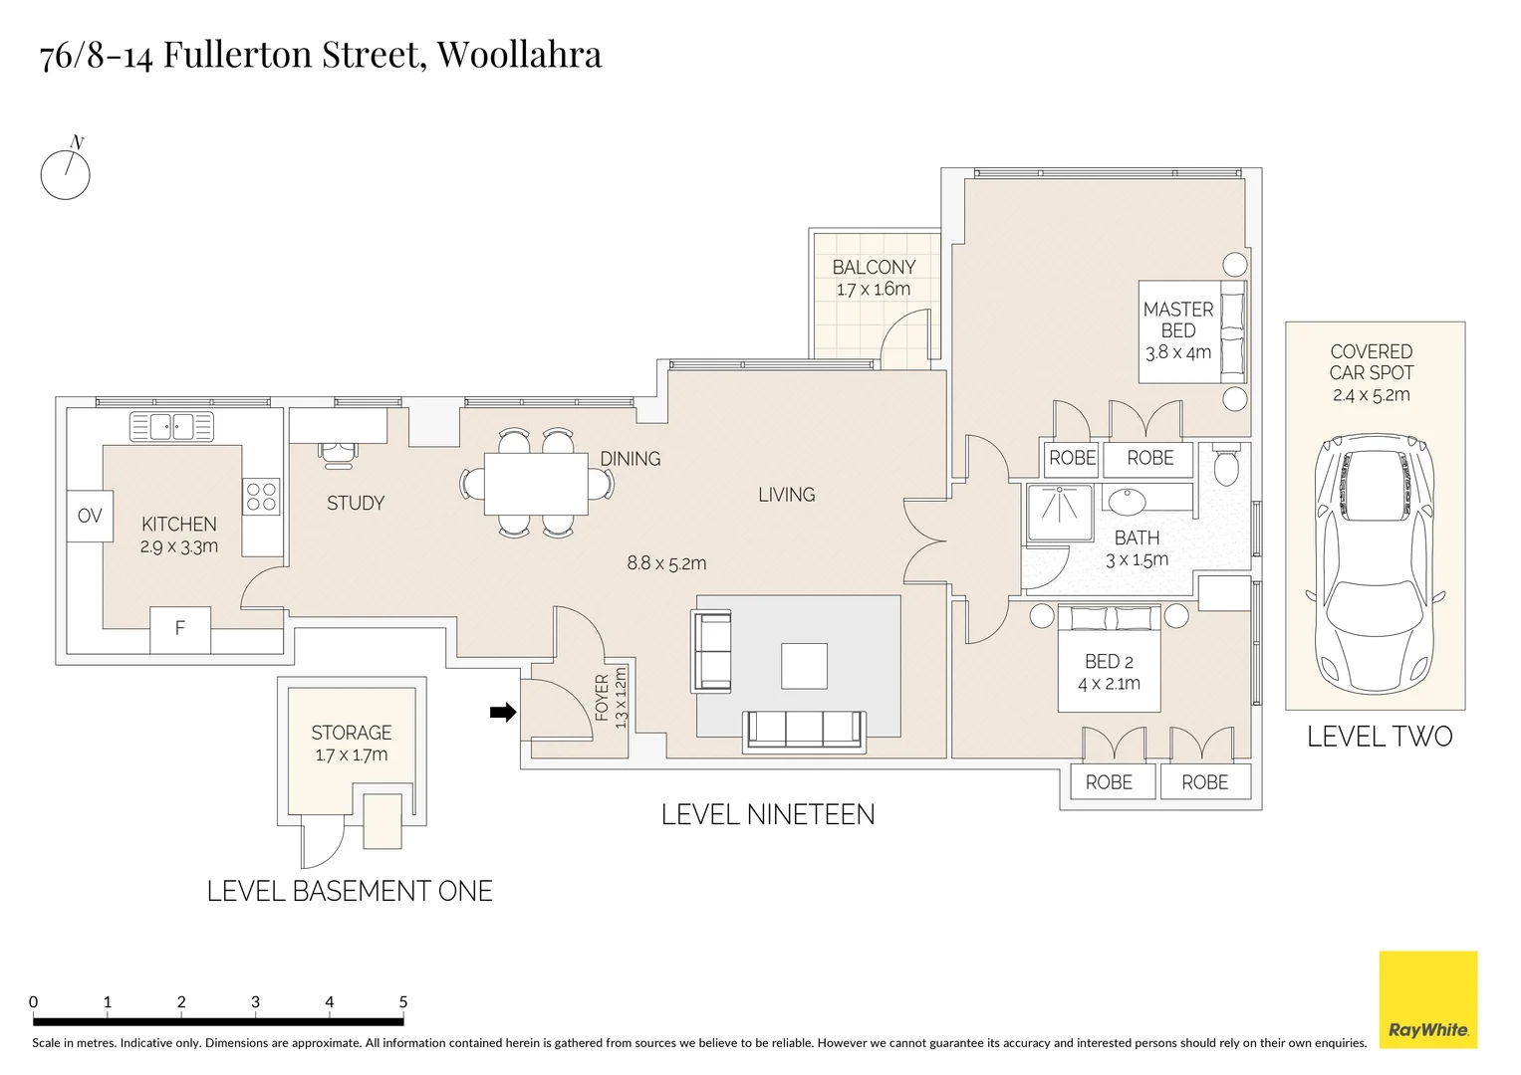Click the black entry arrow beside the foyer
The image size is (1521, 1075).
[x=503, y=712]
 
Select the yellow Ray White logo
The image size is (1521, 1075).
[x=1428, y=999]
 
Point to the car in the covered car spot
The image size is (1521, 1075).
[x=1375, y=563]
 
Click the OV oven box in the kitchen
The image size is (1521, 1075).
[x=90, y=516]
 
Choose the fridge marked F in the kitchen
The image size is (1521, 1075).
[x=180, y=629]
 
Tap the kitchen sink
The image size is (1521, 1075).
[x=171, y=427]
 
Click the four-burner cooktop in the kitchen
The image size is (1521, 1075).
[x=261, y=496]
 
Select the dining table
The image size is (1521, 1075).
[x=536, y=484]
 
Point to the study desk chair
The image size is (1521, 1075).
[x=338, y=454]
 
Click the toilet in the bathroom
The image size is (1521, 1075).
[x=1225, y=464]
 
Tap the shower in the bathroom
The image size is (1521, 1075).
[x=1060, y=513]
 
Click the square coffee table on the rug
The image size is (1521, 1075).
[x=804, y=666]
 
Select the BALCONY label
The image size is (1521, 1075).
[x=874, y=268]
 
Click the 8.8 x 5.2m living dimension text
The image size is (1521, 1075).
[x=666, y=563]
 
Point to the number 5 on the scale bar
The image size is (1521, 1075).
[x=403, y=1001]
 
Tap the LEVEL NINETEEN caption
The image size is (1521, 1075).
[x=768, y=815]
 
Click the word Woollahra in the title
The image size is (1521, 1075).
[x=519, y=55]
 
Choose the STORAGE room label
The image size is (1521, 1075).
[x=351, y=733]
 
